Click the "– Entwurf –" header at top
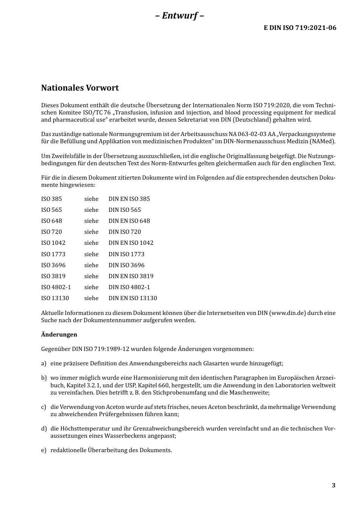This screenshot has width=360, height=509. point(180,16)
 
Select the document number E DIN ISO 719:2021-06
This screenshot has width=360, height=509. point(300,28)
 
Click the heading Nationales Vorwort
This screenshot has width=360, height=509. point(80,88)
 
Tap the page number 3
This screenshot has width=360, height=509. point(333,486)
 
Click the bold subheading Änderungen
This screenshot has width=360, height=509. point(59,334)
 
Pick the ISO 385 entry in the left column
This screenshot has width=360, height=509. point(52,199)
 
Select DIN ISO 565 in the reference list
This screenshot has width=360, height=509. point(125,210)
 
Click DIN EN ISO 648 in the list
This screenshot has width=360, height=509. point(129,221)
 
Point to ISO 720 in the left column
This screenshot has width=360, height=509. point(52,232)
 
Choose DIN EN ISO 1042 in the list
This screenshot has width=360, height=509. point(131,243)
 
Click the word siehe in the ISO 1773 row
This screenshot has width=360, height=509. point(91,254)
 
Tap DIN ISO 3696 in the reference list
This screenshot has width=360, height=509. point(127,265)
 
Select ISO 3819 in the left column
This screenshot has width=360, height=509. point(53,276)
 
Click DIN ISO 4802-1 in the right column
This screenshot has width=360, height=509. point(129,287)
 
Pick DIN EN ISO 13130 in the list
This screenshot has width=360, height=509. point(133,298)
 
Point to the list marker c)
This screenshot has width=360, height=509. point(44,407)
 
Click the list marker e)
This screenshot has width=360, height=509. point(44,450)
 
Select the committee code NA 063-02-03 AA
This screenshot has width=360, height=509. point(251,134)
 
